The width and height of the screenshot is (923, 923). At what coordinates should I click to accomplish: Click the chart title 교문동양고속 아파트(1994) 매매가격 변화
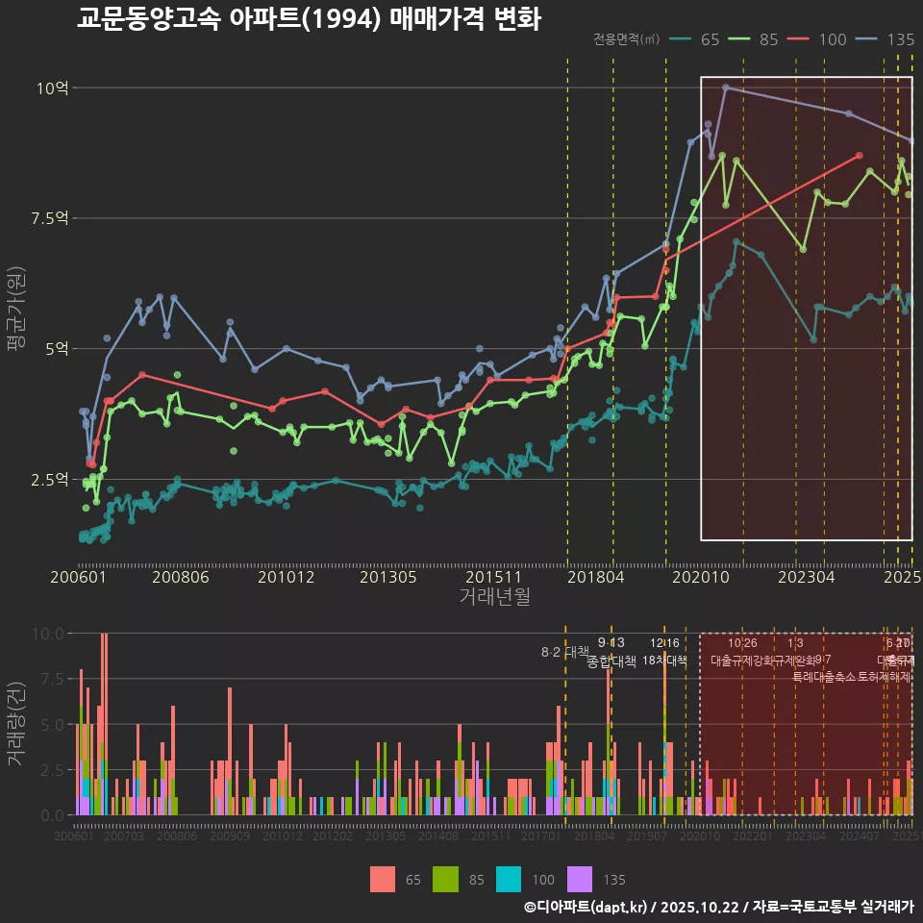click(x=308, y=19)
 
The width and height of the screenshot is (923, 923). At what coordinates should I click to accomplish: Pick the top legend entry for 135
click(x=887, y=39)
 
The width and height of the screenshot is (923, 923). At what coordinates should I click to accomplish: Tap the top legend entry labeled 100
click(x=820, y=39)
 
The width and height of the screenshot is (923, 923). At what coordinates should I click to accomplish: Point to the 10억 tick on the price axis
click(x=52, y=88)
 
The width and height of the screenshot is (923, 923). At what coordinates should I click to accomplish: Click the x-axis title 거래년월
click(x=494, y=597)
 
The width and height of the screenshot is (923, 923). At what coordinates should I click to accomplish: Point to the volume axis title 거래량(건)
click(x=15, y=724)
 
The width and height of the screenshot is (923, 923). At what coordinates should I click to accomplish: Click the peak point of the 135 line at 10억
click(x=726, y=87)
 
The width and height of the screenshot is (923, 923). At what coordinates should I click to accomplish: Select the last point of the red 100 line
click(x=860, y=155)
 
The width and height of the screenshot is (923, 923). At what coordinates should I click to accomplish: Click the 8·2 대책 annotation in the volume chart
click(x=564, y=652)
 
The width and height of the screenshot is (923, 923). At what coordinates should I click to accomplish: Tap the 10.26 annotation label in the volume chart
click(x=742, y=643)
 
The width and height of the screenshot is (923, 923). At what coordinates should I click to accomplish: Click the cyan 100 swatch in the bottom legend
click(x=509, y=879)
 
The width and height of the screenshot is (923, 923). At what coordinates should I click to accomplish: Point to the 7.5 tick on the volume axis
click(x=50, y=679)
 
